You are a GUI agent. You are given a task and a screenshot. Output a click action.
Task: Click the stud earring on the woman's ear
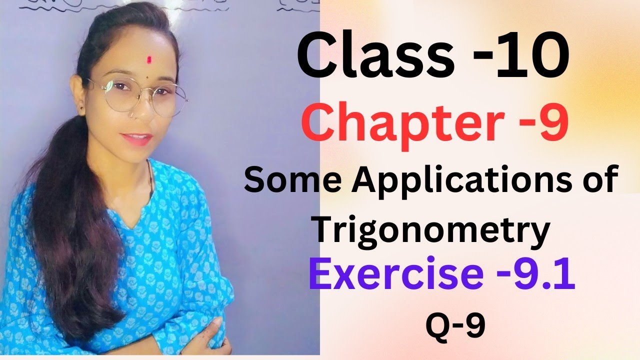click(x=81, y=106)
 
